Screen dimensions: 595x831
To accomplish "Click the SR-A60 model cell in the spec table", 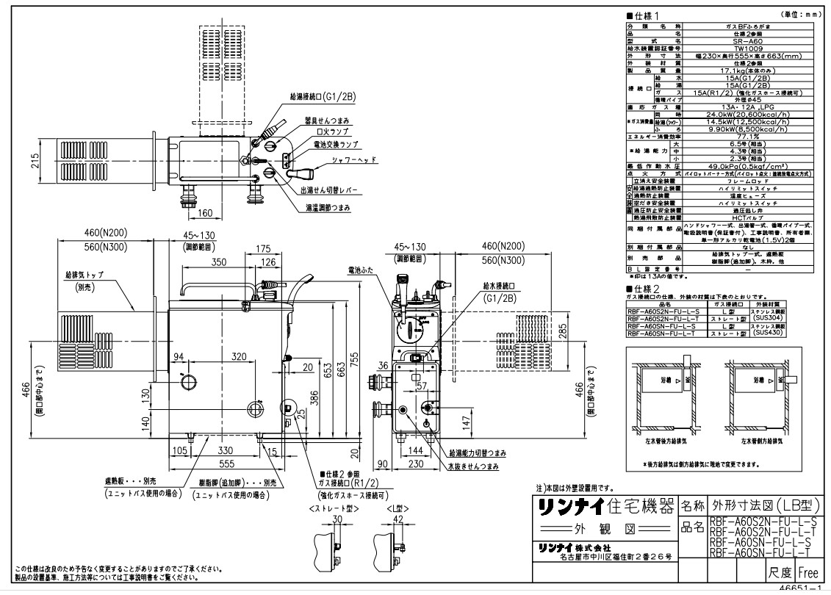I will [749, 41].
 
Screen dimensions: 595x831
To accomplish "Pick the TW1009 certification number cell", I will [749, 48].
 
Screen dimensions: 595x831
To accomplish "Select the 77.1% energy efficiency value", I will [749, 136].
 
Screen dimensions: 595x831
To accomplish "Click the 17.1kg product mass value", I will [749, 68].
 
